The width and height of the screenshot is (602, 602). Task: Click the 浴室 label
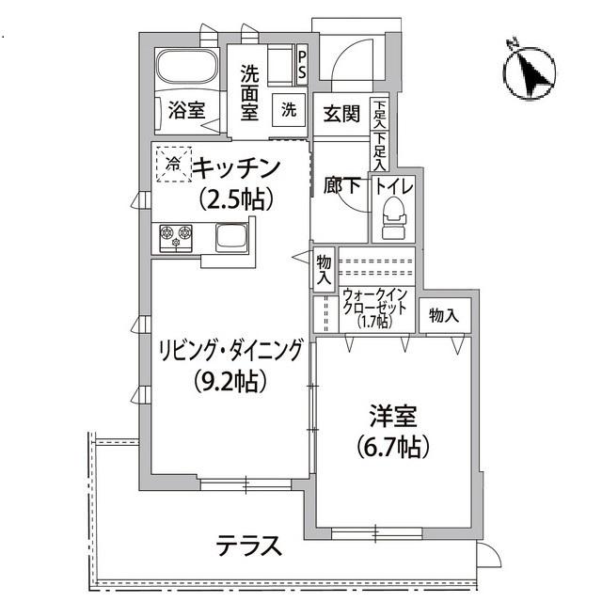click(x=186, y=110)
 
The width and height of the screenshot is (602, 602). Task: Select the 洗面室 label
click(x=249, y=91)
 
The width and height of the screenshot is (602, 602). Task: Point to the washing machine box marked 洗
click(x=288, y=109)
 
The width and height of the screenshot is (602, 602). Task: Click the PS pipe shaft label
click(x=301, y=65)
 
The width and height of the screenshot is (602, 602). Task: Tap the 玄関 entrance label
click(x=342, y=114)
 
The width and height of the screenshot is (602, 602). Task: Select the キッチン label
click(x=237, y=168)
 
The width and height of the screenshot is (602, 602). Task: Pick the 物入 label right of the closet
click(x=444, y=315)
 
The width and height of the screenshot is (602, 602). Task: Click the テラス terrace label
click(x=249, y=547)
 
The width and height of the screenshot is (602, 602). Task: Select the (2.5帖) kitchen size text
click(x=236, y=198)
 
